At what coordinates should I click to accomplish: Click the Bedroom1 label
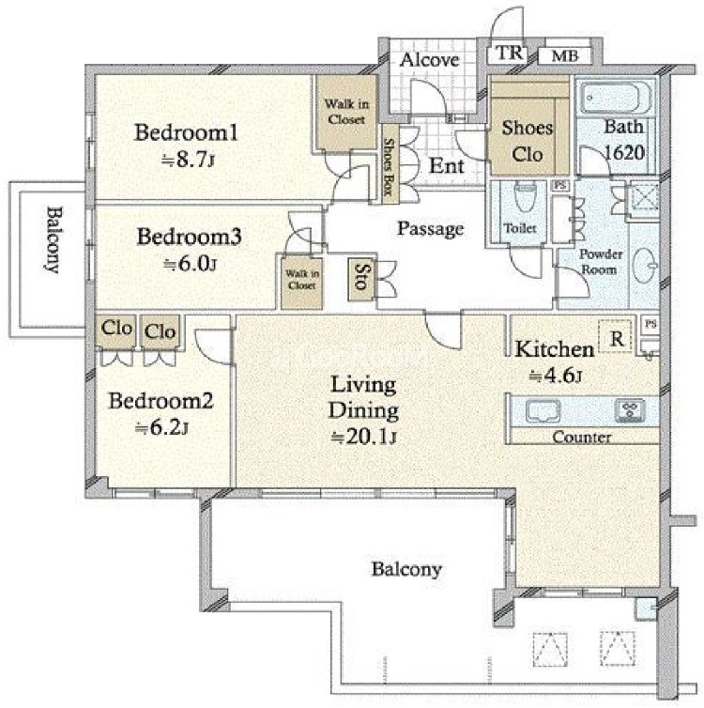186,132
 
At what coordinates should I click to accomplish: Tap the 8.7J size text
188,160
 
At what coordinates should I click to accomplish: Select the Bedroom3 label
189,237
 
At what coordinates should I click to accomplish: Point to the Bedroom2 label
161,401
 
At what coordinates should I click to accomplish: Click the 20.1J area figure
364,437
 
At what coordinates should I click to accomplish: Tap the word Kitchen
555,349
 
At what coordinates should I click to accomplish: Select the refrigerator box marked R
616,337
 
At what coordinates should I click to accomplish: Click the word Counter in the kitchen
582,437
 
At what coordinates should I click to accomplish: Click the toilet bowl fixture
525,196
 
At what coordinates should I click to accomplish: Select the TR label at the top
510,53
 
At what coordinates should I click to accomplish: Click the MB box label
565,56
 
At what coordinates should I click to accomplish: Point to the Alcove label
429,59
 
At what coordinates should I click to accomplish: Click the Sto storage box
360,279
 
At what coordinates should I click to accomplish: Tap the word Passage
431,228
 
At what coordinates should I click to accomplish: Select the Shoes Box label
388,166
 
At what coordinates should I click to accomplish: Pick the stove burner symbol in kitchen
630,411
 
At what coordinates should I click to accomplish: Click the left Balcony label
54,239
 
